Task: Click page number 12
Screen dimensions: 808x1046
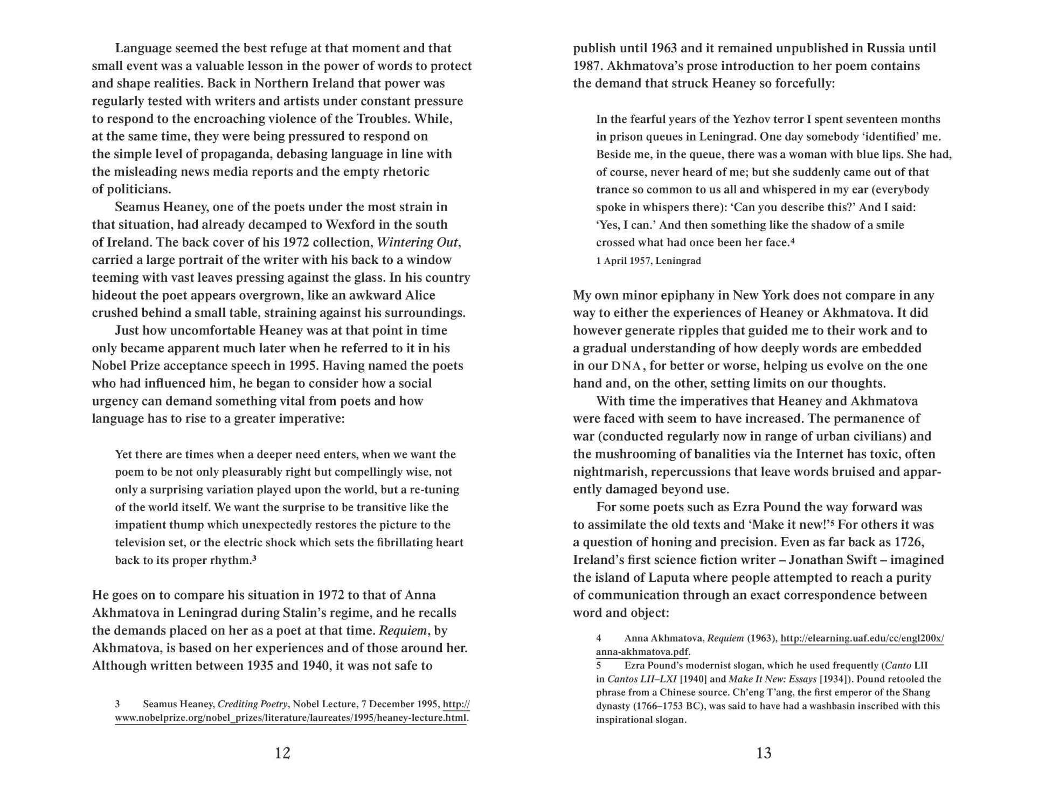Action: click(x=282, y=753)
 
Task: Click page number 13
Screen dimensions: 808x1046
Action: click(x=764, y=753)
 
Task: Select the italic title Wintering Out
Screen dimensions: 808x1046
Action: click(x=418, y=242)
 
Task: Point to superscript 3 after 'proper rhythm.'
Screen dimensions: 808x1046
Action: click(x=254, y=558)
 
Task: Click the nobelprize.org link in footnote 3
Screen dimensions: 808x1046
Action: click(x=291, y=718)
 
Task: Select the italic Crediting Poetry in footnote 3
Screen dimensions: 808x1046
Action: click(x=252, y=705)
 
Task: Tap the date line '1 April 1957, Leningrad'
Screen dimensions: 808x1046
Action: click(x=648, y=261)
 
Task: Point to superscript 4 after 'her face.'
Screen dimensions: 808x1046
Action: click(x=793, y=241)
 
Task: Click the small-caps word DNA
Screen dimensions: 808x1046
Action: click(x=626, y=366)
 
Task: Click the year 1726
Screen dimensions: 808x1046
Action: click(x=909, y=542)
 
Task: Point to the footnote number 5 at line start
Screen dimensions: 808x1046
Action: click(x=599, y=666)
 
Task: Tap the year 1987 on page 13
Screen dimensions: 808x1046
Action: click(x=588, y=66)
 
